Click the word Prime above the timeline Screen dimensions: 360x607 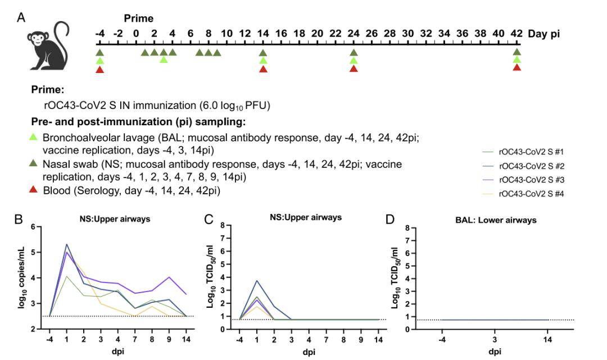click(139, 19)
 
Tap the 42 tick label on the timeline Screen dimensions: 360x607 click(517, 34)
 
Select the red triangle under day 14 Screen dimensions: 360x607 click(263, 69)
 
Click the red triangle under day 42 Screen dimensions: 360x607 click(517, 67)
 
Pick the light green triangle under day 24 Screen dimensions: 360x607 click(354, 61)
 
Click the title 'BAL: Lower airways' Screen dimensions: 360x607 click(495, 220)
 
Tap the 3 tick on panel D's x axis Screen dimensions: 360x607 click(495, 338)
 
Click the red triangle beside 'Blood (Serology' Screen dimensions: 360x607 click(37, 190)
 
